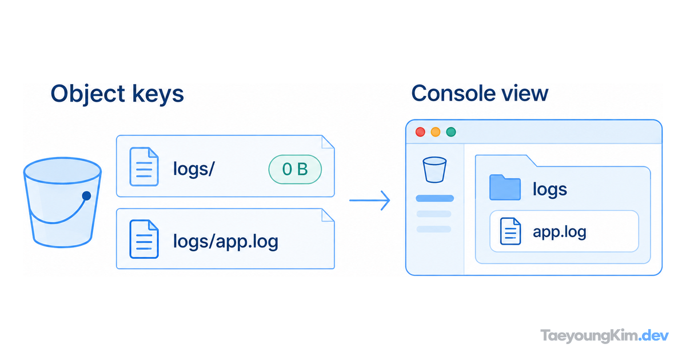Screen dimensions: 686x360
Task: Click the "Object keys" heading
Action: tap(117, 94)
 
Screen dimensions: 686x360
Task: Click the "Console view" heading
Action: tap(480, 93)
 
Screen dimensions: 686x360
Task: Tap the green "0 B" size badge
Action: tap(295, 169)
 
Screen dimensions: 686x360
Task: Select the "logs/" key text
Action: tap(194, 169)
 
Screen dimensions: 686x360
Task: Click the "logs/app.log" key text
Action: tap(226, 242)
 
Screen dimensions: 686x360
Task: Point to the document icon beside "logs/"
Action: tap(144, 166)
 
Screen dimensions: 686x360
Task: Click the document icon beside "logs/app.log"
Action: tap(144, 239)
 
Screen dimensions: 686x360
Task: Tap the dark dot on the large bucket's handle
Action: tap(87, 196)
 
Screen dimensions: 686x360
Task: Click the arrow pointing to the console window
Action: tap(370, 201)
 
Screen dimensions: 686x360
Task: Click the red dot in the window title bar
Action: tap(420, 132)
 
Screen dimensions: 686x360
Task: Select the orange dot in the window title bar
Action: tap(436, 132)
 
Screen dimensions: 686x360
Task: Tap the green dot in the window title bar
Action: tap(451, 132)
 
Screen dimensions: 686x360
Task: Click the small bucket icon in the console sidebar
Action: tap(434, 170)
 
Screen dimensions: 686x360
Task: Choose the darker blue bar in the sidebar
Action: tap(434, 198)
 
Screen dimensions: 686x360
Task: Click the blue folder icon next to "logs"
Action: tap(505, 187)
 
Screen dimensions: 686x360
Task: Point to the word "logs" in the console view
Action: tap(550, 190)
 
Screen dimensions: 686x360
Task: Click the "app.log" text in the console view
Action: tap(560, 233)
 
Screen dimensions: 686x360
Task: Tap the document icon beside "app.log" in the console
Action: tap(510, 231)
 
